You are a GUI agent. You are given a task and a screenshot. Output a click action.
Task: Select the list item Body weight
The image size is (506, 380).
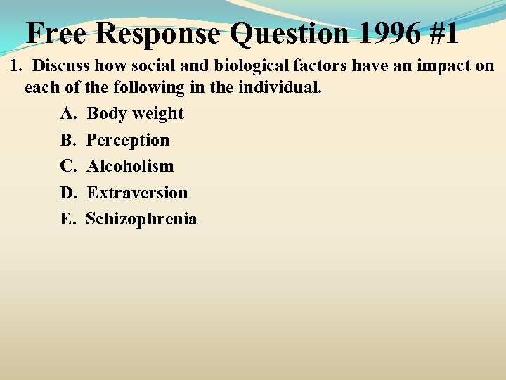tap(135, 114)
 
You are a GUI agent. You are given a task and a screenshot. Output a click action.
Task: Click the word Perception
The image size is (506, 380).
tap(128, 141)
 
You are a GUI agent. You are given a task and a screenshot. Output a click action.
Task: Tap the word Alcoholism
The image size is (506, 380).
tap(130, 166)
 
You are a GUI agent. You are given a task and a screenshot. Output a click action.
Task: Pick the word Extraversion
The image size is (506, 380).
tap(137, 193)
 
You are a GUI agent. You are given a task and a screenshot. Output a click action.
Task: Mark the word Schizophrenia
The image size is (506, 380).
tap(141, 220)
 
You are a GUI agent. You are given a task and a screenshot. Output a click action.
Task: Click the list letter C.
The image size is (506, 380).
tap(67, 166)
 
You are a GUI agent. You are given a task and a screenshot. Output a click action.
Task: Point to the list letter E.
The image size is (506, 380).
tap(67, 220)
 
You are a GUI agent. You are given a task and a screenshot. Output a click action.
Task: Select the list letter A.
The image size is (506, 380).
tap(67, 114)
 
